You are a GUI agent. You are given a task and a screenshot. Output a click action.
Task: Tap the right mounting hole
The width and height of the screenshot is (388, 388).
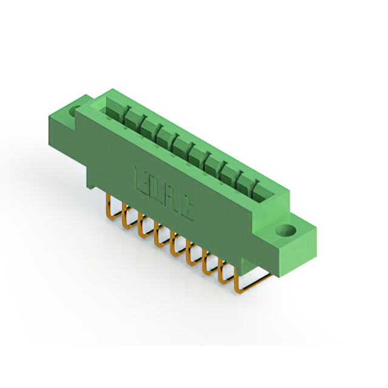pyautogui.click(x=286, y=232)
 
